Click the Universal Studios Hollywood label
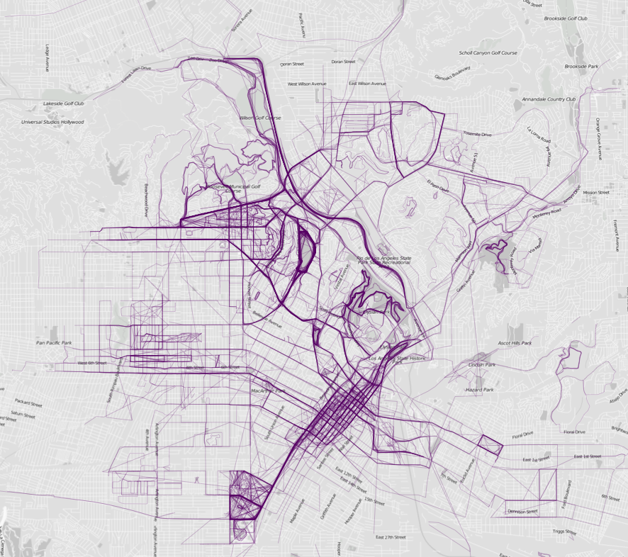(x=53, y=122)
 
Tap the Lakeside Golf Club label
(x=64, y=103)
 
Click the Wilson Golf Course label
(x=260, y=117)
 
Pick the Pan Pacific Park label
(x=54, y=342)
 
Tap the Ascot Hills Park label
(x=515, y=343)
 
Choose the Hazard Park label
(x=479, y=390)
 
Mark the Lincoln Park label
(x=481, y=365)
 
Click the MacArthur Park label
(x=268, y=390)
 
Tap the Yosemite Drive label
(x=477, y=133)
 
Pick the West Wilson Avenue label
(x=306, y=84)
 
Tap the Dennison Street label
(x=522, y=511)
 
